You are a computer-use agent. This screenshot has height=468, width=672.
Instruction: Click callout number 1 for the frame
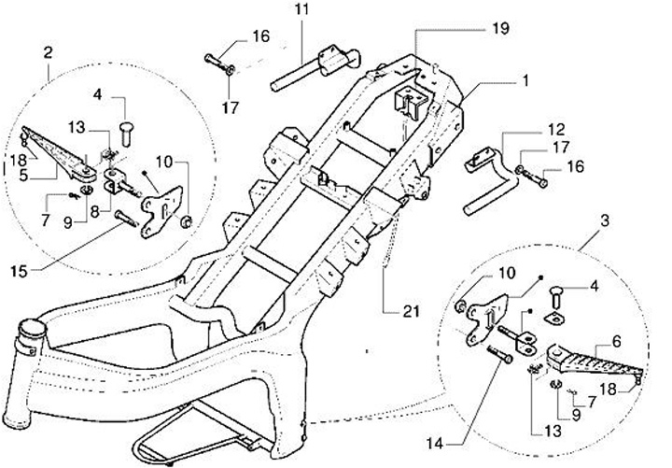(x=525, y=80)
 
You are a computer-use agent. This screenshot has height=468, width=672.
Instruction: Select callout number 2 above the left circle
(x=48, y=52)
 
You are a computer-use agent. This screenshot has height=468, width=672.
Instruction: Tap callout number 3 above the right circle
(x=604, y=220)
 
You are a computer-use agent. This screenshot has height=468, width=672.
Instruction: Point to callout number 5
(x=23, y=175)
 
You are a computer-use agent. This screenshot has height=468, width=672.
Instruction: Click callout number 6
(x=616, y=342)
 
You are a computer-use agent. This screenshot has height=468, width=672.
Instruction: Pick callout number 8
(x=94, y=211)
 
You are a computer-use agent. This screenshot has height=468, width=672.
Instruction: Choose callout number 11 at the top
(x=301, y=9)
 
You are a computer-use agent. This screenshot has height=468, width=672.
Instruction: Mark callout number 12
(x=556, y=129)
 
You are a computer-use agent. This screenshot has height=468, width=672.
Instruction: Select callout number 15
(x=19, y=271)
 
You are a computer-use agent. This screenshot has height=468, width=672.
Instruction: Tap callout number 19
(x=500, y=28)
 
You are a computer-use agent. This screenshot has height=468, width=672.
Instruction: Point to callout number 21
(x=411, y=311)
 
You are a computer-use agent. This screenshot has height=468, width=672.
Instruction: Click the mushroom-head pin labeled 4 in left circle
(x=125, y=134)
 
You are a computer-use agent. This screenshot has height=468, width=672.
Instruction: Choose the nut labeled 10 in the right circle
(x=461, y=306)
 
